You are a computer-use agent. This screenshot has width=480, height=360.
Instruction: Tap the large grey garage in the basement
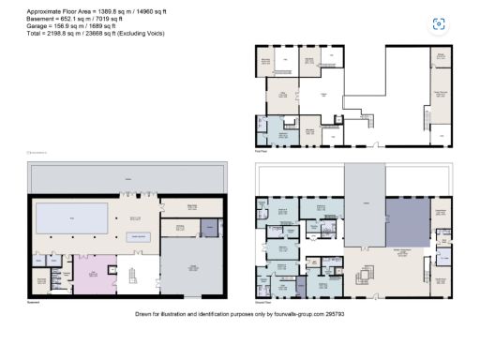pyautogui.click(x=191, y=267)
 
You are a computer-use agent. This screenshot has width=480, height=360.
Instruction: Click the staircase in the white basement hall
pyautogui.click(x=131, y=276)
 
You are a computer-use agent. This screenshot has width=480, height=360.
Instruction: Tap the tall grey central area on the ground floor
pyautogui.click(x=364, y=206)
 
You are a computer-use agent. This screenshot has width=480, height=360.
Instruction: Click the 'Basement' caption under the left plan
pyautogui.click(x=35, y=302)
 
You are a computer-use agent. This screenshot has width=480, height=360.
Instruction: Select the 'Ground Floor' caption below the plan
pyautogui.click(x=265, y=302)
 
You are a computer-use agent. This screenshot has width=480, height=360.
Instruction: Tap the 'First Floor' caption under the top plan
pyautogui.click(x=263, y=148)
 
